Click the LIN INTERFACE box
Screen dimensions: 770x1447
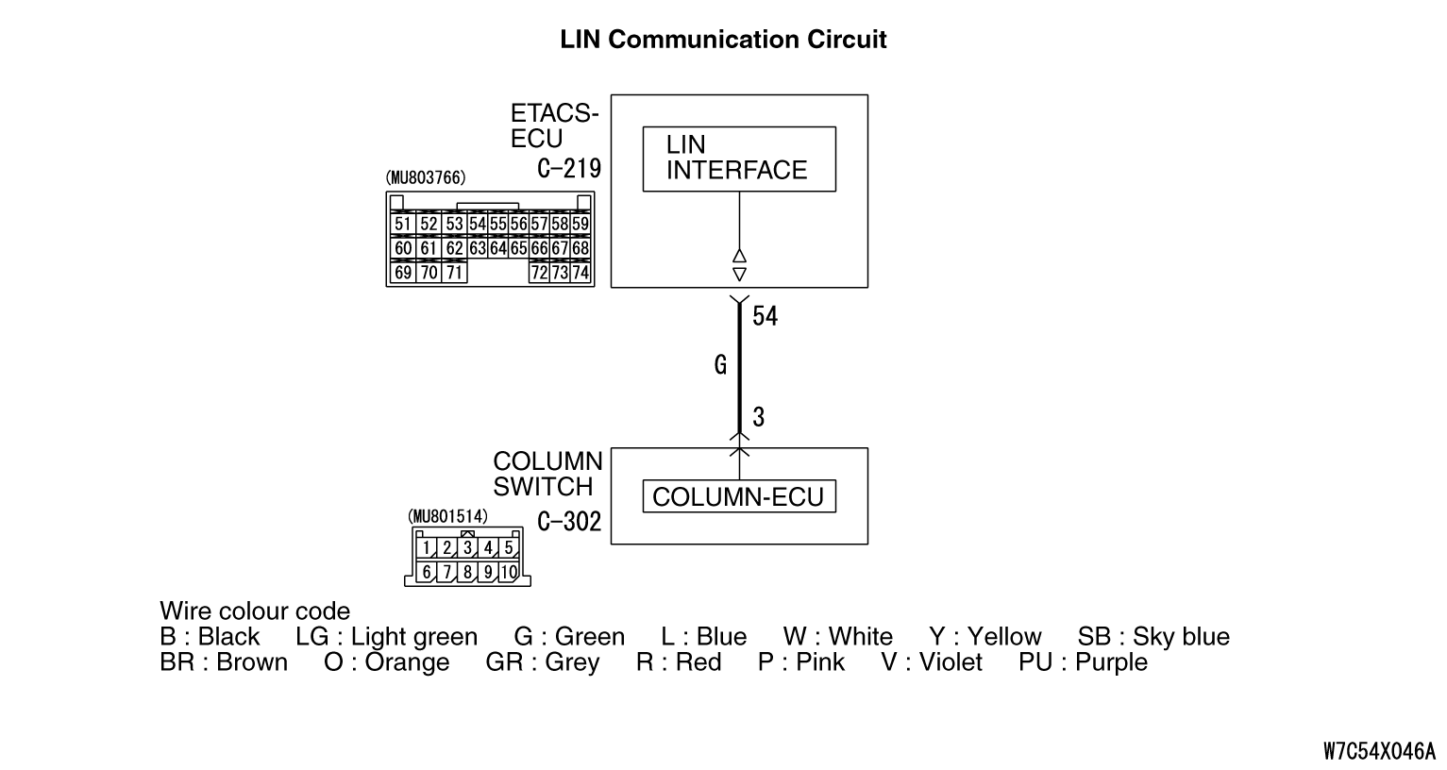738,159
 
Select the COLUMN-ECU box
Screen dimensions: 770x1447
738,496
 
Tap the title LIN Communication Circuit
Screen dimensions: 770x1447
723,40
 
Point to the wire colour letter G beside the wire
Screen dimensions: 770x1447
720,365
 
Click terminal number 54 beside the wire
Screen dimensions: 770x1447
765,317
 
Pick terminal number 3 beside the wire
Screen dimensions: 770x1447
759,417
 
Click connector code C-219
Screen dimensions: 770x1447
569,169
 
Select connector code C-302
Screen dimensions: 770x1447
569,522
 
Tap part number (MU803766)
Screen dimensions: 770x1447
426,177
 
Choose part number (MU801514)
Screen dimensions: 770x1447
447,516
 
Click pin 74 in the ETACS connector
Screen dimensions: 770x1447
580,274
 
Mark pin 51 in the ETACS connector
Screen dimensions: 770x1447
403,225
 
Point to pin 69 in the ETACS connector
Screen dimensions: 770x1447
403,274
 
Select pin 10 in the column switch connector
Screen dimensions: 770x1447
508,572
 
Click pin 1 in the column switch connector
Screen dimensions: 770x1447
428,547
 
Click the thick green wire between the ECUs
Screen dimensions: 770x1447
739,368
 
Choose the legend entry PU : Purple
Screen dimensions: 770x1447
1083,662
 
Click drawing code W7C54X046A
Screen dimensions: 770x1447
1379,751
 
